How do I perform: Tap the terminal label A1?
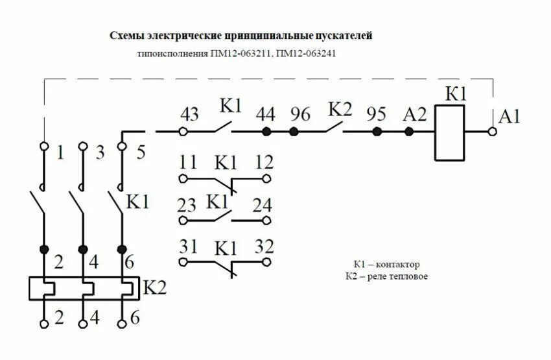tap(510, 117)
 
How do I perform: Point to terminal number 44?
tap(266, 114)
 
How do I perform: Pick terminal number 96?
tap(300, 114)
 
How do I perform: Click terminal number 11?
tap(189, 161)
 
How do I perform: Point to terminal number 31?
tap(189, 246)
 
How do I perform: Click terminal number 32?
tap(264, 246)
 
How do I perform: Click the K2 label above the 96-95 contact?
tap(340, 108)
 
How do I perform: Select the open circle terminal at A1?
tap(493, 132)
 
